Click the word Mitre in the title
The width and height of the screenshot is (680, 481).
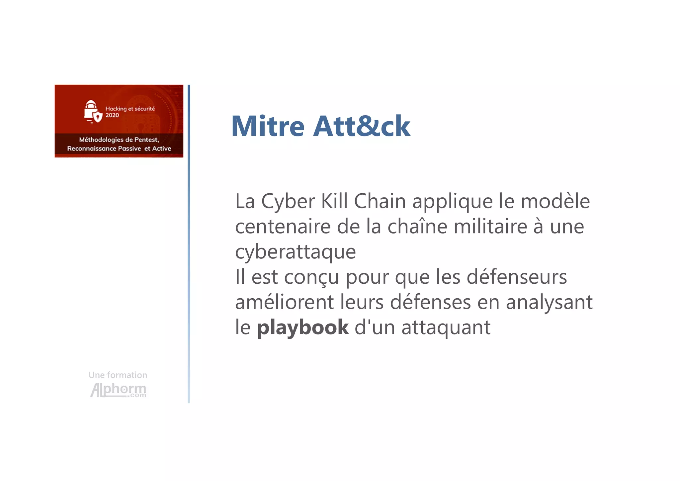pyautogui.click(x=268, y=126)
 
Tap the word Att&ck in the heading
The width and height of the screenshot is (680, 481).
pyautogui.click(x=362, y=126)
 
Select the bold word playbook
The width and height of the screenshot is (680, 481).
pyautogui.click(x=303, y=328)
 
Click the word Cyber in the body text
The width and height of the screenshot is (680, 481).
pyautogui.click(x=288, y=202)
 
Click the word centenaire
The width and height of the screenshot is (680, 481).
pyautogui.click(x=283, y=227)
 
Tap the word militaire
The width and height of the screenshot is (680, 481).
pyautogui.click(x=490, y=227)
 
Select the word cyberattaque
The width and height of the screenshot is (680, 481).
pyautogui.click(x=295, y=252)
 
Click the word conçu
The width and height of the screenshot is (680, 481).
pyautogui.click(x=311, y=277)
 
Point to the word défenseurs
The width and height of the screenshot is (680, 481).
pyautogui.click(x=517, y=277)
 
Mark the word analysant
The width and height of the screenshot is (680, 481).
pyautogui.click(x=549, y=303)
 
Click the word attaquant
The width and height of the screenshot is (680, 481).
pyautogui.click(x=446, y=328)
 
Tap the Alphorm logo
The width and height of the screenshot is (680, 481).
pyautogui.click(x=118, y=390)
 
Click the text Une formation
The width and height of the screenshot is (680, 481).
pyautogui.click(x=118, y=375)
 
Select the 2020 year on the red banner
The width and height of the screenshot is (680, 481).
pyautogui.click(x=112, y=115)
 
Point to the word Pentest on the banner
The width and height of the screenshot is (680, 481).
pyautogui.click(x=146, y=140)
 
